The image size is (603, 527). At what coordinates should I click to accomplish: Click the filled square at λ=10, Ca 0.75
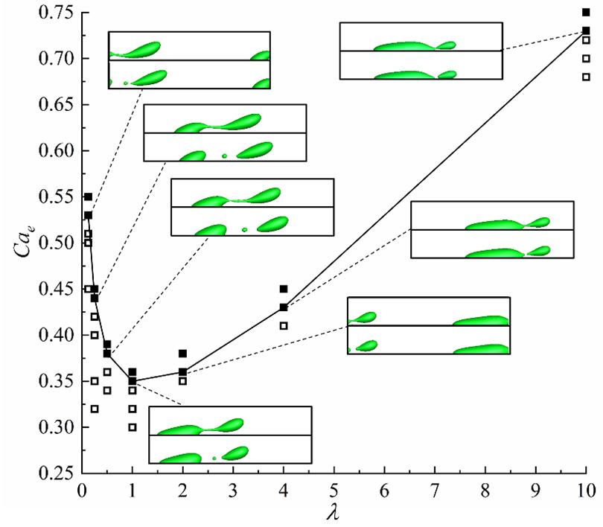coord(586,12)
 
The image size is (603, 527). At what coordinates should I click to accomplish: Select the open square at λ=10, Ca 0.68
coord(586,77)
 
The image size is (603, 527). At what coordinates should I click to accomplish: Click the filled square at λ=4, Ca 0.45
coord(284,289)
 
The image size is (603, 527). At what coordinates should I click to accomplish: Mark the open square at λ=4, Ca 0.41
coord(284,325)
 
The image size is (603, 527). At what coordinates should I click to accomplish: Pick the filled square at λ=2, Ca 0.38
coord(182,354)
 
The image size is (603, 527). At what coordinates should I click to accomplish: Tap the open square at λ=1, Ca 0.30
coord(133,427)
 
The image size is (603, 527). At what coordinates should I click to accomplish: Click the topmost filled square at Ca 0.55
coord(88,197)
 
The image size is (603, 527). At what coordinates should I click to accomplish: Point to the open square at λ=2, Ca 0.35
coord(182,381)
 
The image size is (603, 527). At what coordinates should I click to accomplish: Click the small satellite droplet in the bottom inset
coord(214,458)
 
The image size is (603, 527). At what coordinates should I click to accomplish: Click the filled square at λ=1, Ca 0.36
coord(133,371)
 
